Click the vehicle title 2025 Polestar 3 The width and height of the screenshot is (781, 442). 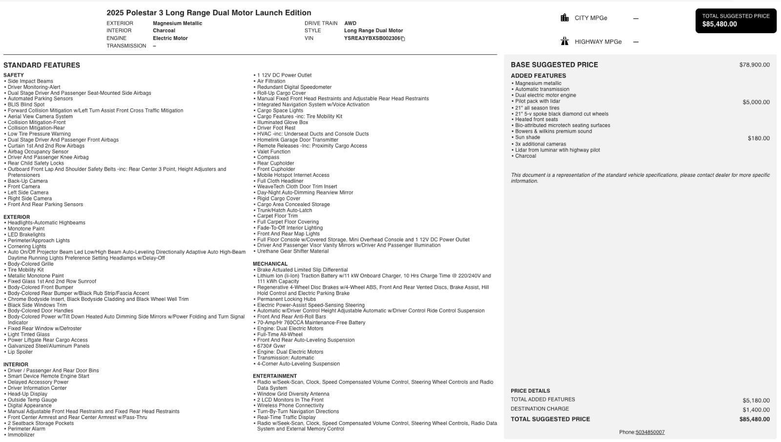pyautogui.click(x=208, y=13)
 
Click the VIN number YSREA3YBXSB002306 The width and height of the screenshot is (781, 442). pyautogui.click(x=372, y=38)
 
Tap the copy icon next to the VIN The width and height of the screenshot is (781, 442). pyautogui.click(x=403, y=39)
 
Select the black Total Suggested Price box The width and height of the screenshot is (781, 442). pyautogui.click(x=736, y=21)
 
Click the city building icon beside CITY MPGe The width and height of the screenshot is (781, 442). pyautogui.click(x=565, y=18)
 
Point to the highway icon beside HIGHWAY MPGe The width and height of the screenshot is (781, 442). pyautogui.click(x=565, y=42)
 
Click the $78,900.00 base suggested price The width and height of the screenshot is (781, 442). pyautogui.click(x=754, y=65)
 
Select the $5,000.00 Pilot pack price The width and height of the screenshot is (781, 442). pyautogui.click(x=756, y=102)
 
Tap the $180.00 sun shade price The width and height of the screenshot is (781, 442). pyautogui.click(x=759, y=138)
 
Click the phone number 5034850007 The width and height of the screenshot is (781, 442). pyautogui.click(x=650, y=432)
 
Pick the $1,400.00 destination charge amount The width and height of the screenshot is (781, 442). pyautogui.click(x=756, y=410)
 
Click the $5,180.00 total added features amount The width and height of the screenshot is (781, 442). pyautogui.click(x=756, y=400)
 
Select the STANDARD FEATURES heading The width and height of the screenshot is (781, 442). pyautogui.click(x=41, y=65)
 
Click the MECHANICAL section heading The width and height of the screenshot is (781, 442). pyautogui.click(x=270, y=264)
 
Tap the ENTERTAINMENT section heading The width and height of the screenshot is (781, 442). pyautogui.click(x=274, y=376)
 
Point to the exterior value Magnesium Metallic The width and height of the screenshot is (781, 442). pyautogui.click(x=177, y=23)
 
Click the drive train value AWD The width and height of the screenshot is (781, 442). pyautogui.click(x=350, y=23)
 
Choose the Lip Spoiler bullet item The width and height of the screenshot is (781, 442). pyautogui.click(x=20, y=352)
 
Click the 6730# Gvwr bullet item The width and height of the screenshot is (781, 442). pyautogui.click(x=271, y=346)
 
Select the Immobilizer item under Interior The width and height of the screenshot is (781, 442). pyautogui.click(x=21, y=435)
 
